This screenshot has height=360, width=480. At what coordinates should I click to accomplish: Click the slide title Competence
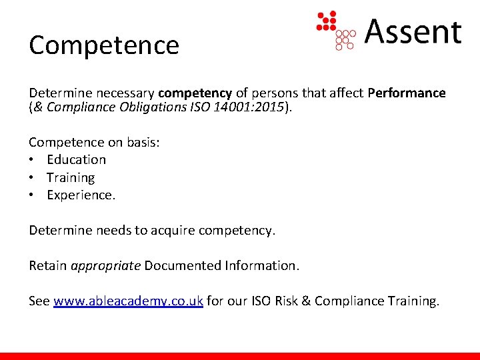(104, 45)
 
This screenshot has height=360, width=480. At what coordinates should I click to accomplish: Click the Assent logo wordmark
(413, 31)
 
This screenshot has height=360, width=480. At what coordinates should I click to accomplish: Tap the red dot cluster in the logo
(327, 21)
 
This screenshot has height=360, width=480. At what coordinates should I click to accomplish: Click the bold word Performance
(406, 93)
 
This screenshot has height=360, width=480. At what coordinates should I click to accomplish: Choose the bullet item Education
(76, 159)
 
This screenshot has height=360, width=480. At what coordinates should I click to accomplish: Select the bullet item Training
(71, 177)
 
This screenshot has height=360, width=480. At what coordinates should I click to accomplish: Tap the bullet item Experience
(81, 195)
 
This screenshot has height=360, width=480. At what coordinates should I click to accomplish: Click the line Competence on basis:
(94, 142)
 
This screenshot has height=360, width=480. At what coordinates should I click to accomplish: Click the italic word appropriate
(105, 265)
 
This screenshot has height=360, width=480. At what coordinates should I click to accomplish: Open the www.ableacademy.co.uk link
(128, 301)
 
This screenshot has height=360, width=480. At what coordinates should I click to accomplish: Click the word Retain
(47, 265)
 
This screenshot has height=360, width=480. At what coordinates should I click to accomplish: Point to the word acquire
(174, 230)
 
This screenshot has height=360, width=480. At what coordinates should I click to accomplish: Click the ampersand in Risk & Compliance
(305, 301)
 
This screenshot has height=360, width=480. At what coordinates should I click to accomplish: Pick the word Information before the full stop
(259, 265)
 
